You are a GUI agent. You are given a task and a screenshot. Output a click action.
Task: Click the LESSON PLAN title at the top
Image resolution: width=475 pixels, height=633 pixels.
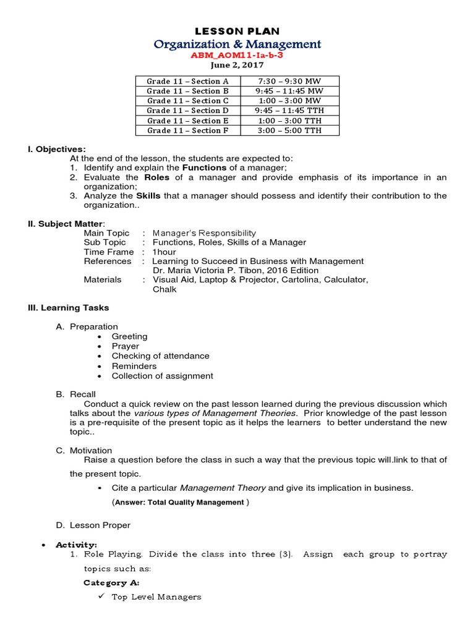[x=237, y=31]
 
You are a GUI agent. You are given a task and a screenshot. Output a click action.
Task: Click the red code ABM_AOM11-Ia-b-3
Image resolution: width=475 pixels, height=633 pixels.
[x=237, y=55]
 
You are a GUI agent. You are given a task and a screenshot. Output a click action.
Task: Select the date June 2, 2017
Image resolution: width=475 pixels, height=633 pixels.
[x=237, y=65]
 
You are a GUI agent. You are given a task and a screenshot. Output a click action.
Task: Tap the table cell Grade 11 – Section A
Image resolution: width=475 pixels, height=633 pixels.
[x=187, y=81]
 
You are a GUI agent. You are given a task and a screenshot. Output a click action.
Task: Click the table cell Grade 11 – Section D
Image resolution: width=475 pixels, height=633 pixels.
[x=187, y=111]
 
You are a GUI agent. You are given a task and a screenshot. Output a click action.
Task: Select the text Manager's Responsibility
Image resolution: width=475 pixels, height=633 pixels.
[x=204, y=233]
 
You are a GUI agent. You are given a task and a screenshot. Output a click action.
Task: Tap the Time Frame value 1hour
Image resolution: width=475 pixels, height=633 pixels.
[x=164, y=252]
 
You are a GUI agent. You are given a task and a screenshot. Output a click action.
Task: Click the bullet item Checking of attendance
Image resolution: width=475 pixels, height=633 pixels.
[x=160, y=356]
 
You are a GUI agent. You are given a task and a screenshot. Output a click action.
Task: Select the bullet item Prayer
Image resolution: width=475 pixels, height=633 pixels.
[x=125, y=346]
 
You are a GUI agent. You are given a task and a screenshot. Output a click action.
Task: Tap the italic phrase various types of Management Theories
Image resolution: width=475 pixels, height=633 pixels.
[x=215, y=413]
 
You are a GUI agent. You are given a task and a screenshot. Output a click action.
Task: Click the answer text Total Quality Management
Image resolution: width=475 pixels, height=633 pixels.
[x=196, y=503]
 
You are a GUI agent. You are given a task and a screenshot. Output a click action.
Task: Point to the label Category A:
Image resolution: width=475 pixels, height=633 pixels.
[x=111, y=582]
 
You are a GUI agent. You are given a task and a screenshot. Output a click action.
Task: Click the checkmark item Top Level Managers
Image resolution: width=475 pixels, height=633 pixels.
[x=156, y=597]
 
